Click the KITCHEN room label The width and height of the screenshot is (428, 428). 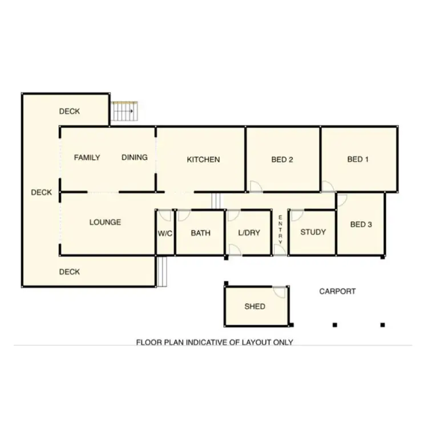pyautogui.click(x=203, y=160)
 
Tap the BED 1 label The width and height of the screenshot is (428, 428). pyautogui.click(x=358, y=159)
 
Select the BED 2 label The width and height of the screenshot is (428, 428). pyautogui.click(x=282, y=160)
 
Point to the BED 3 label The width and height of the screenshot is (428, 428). pyautogui.click(x=361, y=225)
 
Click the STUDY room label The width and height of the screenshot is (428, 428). pyautogui.click(x=313, y=232)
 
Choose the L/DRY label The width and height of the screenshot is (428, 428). pyautogui.click(x=248, y=233)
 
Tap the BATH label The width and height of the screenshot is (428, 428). pyautogui.click(x=200, y=233)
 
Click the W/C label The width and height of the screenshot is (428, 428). pyautogui.click(x=165, y=233)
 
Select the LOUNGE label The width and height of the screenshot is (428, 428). pyautogui.click(x=105, y=223)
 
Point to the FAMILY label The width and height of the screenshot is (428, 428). pyautogui.click(x=87, y=158)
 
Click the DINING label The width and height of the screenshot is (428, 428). pyautogui.click(x=135, y=158)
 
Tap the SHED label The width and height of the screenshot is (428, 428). pyautogui.click(x=255, y=306)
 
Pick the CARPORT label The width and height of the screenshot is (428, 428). pyautogui.click(x=337, y=291)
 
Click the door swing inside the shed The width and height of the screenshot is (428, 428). pyautogui.click(x=279, y=292)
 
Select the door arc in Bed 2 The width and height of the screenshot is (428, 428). pyautogui.click(x=255, y=186)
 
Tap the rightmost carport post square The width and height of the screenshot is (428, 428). pyautogui.click(x=382, y=325)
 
